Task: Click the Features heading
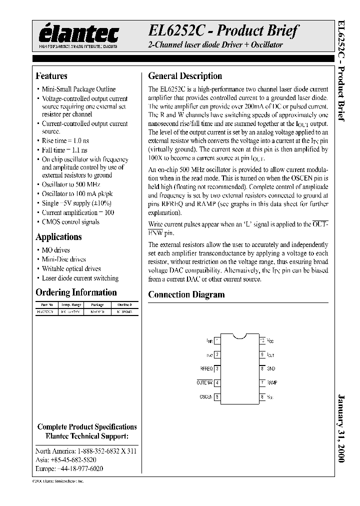[51, 76]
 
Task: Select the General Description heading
[185, 76]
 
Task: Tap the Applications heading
[58, 237]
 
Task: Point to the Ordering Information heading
[76, 292]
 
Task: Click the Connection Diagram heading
[186, 294]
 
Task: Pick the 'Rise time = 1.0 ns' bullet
[65, 141]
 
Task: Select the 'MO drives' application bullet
[55, 250]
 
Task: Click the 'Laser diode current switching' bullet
[80, 278]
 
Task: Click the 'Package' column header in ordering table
[97, 304]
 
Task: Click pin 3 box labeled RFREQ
[217, 368]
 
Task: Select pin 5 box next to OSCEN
[217, 397]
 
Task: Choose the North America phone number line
[86, 450]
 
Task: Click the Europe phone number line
[69, 468]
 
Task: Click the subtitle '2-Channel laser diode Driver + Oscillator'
[215, 45]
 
